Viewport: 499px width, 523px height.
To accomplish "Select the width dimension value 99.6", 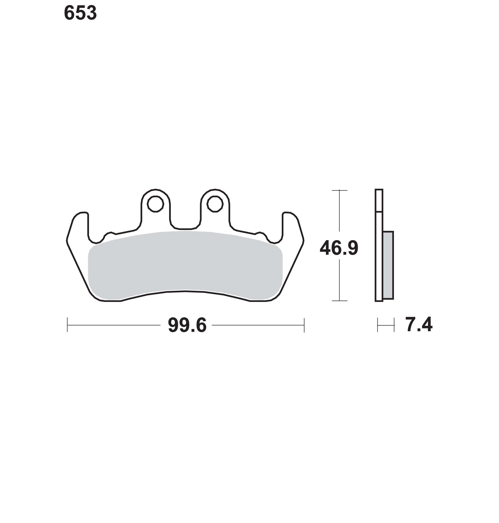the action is tap(187, 325).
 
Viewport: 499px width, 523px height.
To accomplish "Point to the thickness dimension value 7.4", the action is tap(419, 325).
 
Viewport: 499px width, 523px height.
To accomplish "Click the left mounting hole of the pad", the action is tap(155, 204).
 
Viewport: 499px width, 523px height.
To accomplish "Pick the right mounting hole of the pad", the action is tap(215, 204).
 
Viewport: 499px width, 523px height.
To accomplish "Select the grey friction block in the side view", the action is tap(388, 265).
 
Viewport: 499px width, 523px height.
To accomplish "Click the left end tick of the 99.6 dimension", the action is tap(67, 325).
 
